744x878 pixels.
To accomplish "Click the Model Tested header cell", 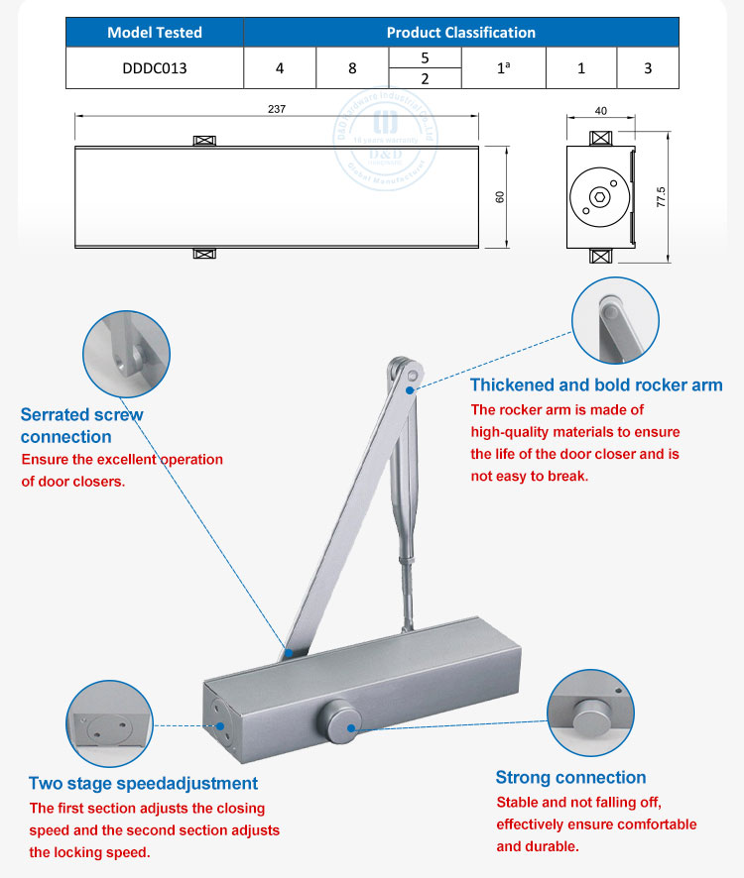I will click(155, 33).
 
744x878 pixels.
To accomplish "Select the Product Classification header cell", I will click(460, 33).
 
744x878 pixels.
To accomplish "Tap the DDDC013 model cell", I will click(155, 69).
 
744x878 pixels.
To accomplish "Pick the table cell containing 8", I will click(352, 69).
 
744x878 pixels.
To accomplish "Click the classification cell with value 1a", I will click(503, 69).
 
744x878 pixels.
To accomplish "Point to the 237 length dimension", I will click(277, 109).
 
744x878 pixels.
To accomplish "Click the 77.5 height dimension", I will click(662, 195).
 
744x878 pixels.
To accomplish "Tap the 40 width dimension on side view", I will click(601, 112).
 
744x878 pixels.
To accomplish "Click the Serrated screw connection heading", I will click(81, 425).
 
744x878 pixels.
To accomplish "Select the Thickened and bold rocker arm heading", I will click(595, 384).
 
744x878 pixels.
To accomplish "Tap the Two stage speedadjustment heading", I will click(143, 783).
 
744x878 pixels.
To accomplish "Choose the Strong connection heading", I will click(570, 778).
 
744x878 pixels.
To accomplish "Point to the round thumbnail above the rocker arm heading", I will click(615, 321).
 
